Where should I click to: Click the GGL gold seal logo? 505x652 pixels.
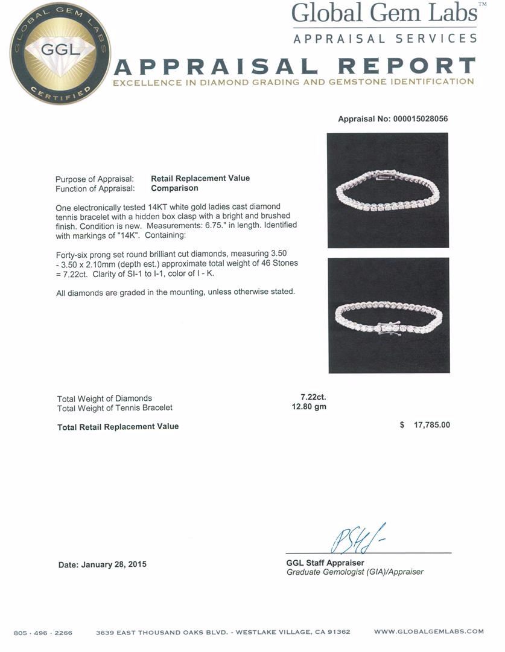point(60,53)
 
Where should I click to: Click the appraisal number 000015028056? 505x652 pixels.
point(420,119)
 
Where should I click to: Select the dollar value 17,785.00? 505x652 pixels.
point(431,425)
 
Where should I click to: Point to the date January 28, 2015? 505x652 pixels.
point(102,564)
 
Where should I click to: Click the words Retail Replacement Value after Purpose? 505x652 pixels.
point(200,178)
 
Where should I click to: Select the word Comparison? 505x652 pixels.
point(174,188)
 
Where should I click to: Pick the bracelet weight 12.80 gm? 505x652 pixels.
point(309,407)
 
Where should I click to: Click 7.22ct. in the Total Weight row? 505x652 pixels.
point(313,397)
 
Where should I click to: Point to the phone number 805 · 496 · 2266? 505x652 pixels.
point(43,633)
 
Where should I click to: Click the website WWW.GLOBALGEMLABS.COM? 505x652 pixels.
point(428,631)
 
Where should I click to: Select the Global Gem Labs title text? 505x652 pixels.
point(385,13)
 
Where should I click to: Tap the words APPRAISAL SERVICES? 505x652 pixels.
point(385,39)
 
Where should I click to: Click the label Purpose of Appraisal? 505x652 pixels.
point(95,179)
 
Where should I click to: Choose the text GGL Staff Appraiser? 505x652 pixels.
point(325,563)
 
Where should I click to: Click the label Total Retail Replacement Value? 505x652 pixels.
point(118,426)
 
